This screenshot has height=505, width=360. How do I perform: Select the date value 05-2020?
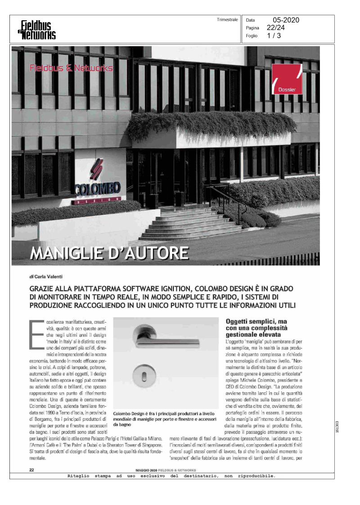click(286, 20)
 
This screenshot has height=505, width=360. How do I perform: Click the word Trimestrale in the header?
click(227, 20)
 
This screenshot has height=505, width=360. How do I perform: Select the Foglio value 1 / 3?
click(274, 36)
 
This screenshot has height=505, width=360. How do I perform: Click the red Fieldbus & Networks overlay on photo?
click(71, 68)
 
